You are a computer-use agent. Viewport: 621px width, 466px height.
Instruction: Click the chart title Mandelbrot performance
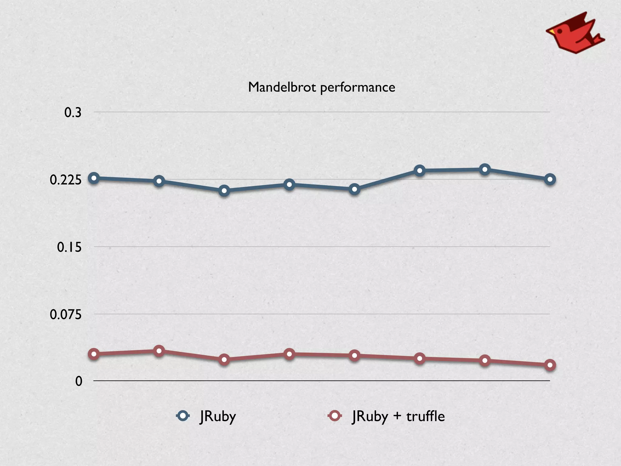point(321,87)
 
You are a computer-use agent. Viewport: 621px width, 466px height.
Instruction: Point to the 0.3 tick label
point(73,113)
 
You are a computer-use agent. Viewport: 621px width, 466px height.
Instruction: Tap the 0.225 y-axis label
point(66,180)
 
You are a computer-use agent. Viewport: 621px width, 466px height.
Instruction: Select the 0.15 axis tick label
point(69,247)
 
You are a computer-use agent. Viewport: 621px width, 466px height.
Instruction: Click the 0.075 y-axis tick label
point(66,315)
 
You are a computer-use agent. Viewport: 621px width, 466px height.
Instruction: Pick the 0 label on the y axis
point(79,381)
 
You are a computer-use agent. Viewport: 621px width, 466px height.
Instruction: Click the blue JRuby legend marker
point(183,416)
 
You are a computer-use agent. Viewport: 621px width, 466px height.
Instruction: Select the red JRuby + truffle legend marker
point(335,416)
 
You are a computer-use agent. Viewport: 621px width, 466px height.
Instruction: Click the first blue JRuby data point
point(94,178)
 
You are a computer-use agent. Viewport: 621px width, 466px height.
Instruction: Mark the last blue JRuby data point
point(550,179)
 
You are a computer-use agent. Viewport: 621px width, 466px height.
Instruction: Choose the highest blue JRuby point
point(485,170)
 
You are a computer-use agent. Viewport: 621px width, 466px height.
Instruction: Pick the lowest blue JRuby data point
point(224,191)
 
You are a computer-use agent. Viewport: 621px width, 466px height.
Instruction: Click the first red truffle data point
point(94,354)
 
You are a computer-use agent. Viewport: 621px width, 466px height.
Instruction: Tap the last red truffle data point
point(550,365)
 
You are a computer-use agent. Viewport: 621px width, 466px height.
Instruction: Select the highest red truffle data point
point(159,351)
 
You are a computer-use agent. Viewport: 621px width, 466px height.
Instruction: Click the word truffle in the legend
point(425,416)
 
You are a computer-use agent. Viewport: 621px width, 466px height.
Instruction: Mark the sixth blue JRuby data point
point(420,171)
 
